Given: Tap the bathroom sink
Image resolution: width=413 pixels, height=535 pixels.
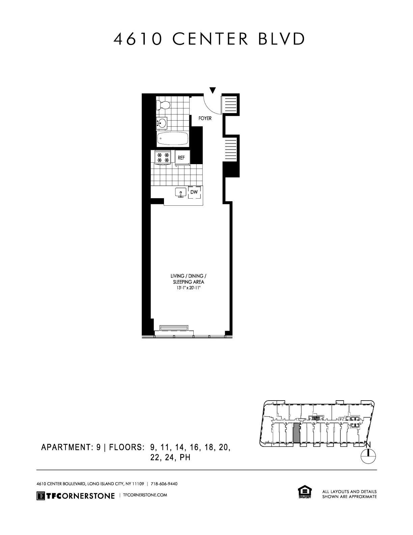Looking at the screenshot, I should coord(162,123).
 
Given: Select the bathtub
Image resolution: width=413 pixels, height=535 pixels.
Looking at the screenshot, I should coord(172,138).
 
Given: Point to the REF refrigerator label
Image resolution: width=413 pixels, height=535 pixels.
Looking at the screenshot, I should coord(181,158).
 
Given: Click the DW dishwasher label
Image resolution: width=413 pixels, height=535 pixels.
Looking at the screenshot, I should coord(194,192).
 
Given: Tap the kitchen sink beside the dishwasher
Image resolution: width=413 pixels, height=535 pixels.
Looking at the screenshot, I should coord(181,193).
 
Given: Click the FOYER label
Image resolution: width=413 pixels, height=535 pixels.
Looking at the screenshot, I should coord(205,119).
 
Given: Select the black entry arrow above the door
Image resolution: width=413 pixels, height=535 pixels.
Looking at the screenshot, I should coord(213,90).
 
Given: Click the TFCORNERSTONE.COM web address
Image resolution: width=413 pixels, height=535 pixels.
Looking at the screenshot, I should coord(145,495).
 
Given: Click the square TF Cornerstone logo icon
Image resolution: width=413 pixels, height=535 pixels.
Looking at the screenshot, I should coord(41,495).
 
